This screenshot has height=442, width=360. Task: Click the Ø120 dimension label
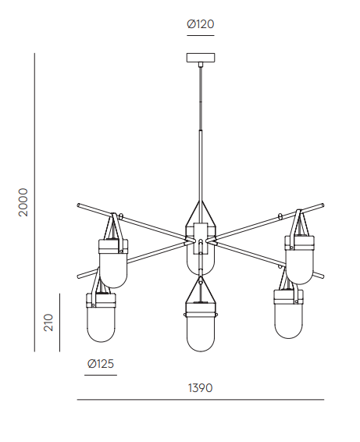[201, 24]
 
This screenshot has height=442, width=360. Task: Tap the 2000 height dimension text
[23, 202]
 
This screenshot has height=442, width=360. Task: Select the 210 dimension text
[48, 323]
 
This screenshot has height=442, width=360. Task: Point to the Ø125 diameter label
[101, 364]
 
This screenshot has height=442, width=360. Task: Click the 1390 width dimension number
[200, 388]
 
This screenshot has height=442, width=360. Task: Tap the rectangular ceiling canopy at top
[201, 58]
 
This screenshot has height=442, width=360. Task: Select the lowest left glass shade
[101, 324]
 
